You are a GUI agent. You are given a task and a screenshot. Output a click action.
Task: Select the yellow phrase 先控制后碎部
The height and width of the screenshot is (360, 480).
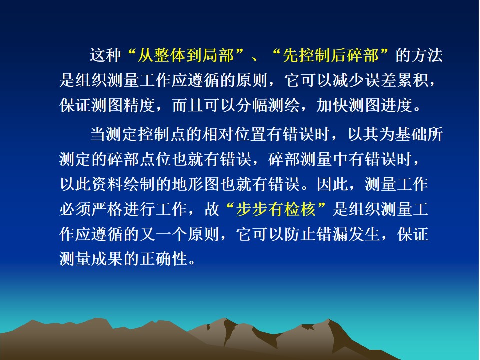tap(330, 55)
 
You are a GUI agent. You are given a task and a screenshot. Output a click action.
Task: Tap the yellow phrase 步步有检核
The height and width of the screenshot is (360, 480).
tap(276, 209)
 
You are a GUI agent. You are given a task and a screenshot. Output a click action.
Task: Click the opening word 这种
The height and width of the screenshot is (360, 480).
tap(105, 55)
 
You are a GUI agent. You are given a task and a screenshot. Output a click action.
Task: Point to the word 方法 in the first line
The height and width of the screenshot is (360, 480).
tap(427, 55)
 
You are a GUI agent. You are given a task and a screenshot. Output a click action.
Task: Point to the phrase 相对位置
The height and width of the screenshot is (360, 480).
tap(234, 134)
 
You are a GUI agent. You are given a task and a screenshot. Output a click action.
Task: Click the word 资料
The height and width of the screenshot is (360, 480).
tap(107, 184)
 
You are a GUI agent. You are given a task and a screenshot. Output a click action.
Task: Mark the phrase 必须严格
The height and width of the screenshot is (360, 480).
tap(91, 209)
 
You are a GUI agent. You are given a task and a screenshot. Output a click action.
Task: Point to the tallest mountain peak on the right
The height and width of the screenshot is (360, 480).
tap(329, 319)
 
